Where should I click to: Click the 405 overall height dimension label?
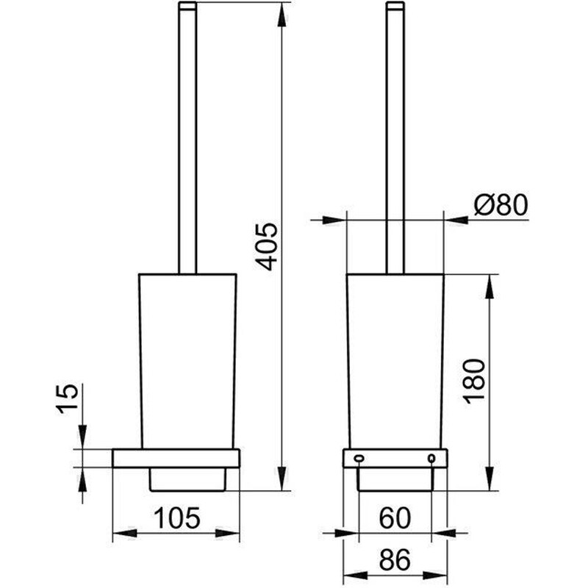269,246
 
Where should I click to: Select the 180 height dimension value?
476,381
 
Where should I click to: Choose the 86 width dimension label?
395,560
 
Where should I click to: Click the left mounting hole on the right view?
358,459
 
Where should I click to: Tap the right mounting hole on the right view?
431,459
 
